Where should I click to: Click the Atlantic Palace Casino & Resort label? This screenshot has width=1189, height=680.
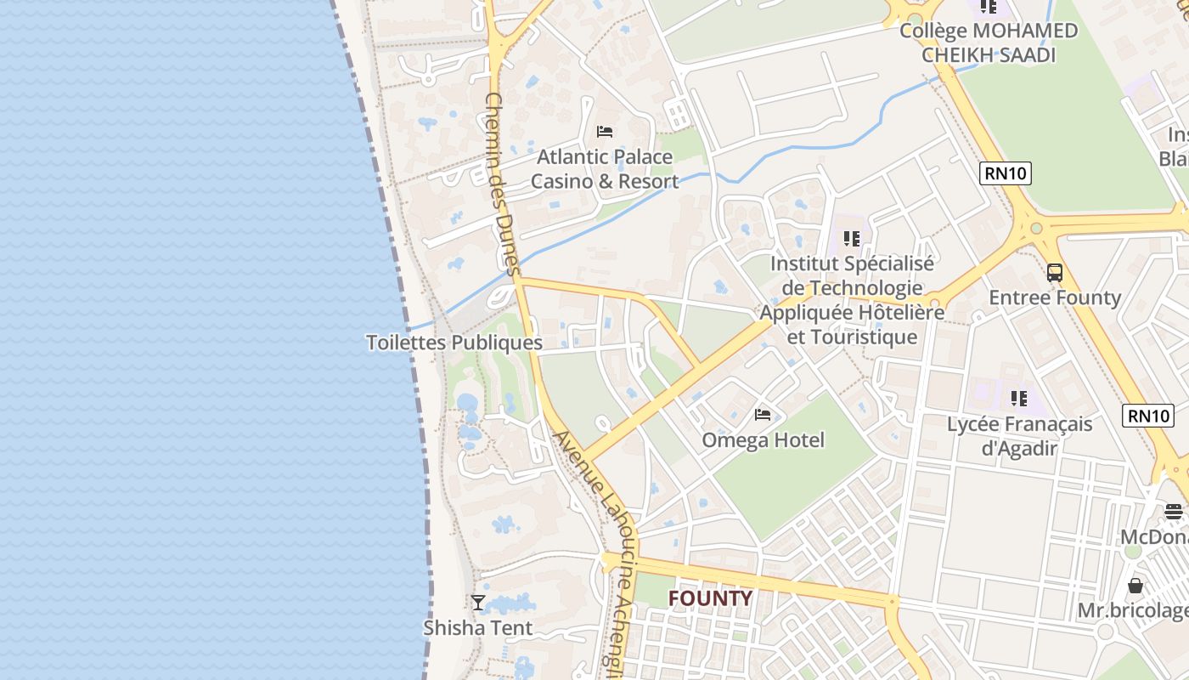tap(605, 169)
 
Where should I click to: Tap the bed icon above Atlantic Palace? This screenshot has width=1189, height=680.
tap(605, 131)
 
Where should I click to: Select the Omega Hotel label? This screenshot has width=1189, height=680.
tap(763, 440)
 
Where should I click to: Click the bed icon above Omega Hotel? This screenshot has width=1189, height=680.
tap(763, 415)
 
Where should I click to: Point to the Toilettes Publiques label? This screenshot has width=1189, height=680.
tap(454, 343)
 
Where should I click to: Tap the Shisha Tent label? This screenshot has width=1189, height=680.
tap(478, 628)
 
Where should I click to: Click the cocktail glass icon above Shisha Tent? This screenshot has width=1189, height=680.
tap(478, 603)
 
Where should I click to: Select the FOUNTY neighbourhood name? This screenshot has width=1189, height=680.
tap(710, 598)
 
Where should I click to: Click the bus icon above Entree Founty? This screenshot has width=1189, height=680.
tap(1054, 273)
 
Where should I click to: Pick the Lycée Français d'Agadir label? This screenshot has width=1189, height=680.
tap(1019, 435)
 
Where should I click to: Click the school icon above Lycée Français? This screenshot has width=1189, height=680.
tap(1019, 398)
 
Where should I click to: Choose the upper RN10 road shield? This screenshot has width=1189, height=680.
tap(1006, 173)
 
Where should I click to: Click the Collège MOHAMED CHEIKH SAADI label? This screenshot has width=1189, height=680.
tap(989, 42)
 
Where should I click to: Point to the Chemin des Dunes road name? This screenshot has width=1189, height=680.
tap(501, 184)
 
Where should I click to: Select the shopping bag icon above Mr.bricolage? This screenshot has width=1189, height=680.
tap(1135, 586)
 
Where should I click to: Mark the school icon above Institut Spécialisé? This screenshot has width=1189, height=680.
tap(852, 239)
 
